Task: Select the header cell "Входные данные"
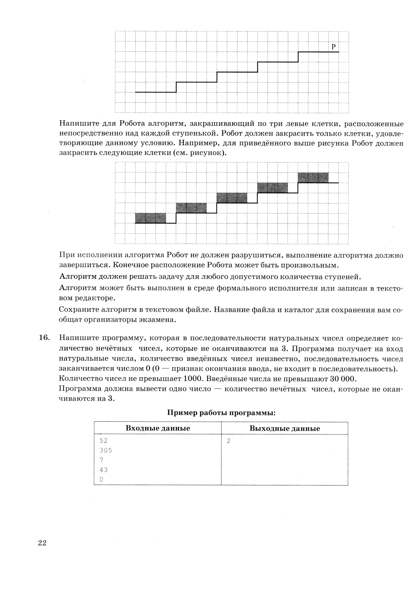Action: coord(158,428)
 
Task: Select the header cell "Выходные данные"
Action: coord(284,428)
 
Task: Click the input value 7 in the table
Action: coord(101,460)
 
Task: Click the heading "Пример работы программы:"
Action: coord(221,413)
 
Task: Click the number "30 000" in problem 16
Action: coord(343,379)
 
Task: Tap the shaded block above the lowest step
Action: coord(151,218)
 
